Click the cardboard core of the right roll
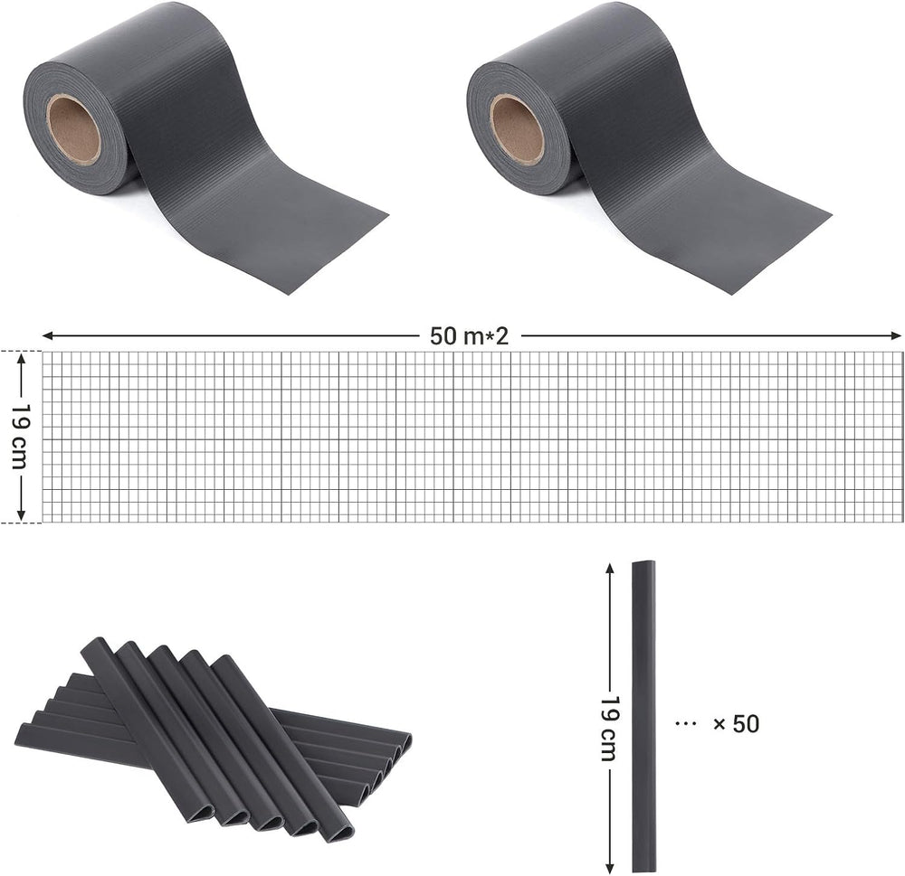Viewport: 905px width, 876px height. coord(517,128)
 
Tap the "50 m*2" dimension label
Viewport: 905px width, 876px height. coord(469,335)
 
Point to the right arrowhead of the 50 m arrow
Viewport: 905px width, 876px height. coord(895,335)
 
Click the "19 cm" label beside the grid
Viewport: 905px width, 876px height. coord(22,436)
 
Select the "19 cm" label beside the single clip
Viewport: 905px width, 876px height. coord(610,728)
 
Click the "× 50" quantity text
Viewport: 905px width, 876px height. coord(736,724)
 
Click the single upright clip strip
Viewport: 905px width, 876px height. coord(643,716)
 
